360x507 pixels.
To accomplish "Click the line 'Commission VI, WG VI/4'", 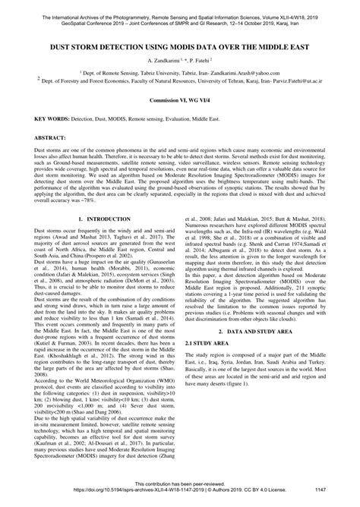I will tap(180, 101).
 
